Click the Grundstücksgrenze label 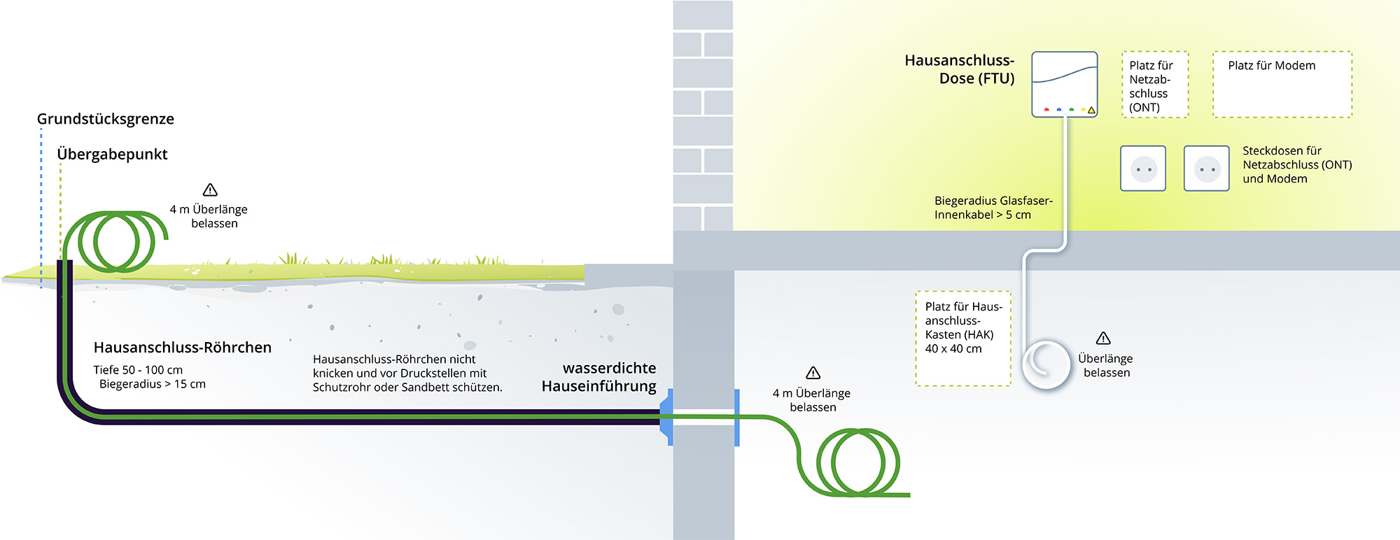[105, 119]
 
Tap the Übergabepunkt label [112, 154]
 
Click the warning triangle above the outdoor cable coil [210, 190]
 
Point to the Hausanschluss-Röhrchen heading [182, 348]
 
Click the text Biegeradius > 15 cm [152, 384]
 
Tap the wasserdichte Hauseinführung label [600, 377]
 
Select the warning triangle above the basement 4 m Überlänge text [813, 373]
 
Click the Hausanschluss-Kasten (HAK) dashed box [963, 339]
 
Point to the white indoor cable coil [1046, 364]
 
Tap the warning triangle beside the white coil [1103, 339]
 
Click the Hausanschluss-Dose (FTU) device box [1064, 84]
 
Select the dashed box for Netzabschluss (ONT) [1155, 85]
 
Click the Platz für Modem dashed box [1282, 85]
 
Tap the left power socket [1143, 169]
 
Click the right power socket [1206, 169]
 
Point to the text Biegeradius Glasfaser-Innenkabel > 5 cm [993, 208]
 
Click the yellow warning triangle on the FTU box [1091, 110]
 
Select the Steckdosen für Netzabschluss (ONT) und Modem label [1296, 165]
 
